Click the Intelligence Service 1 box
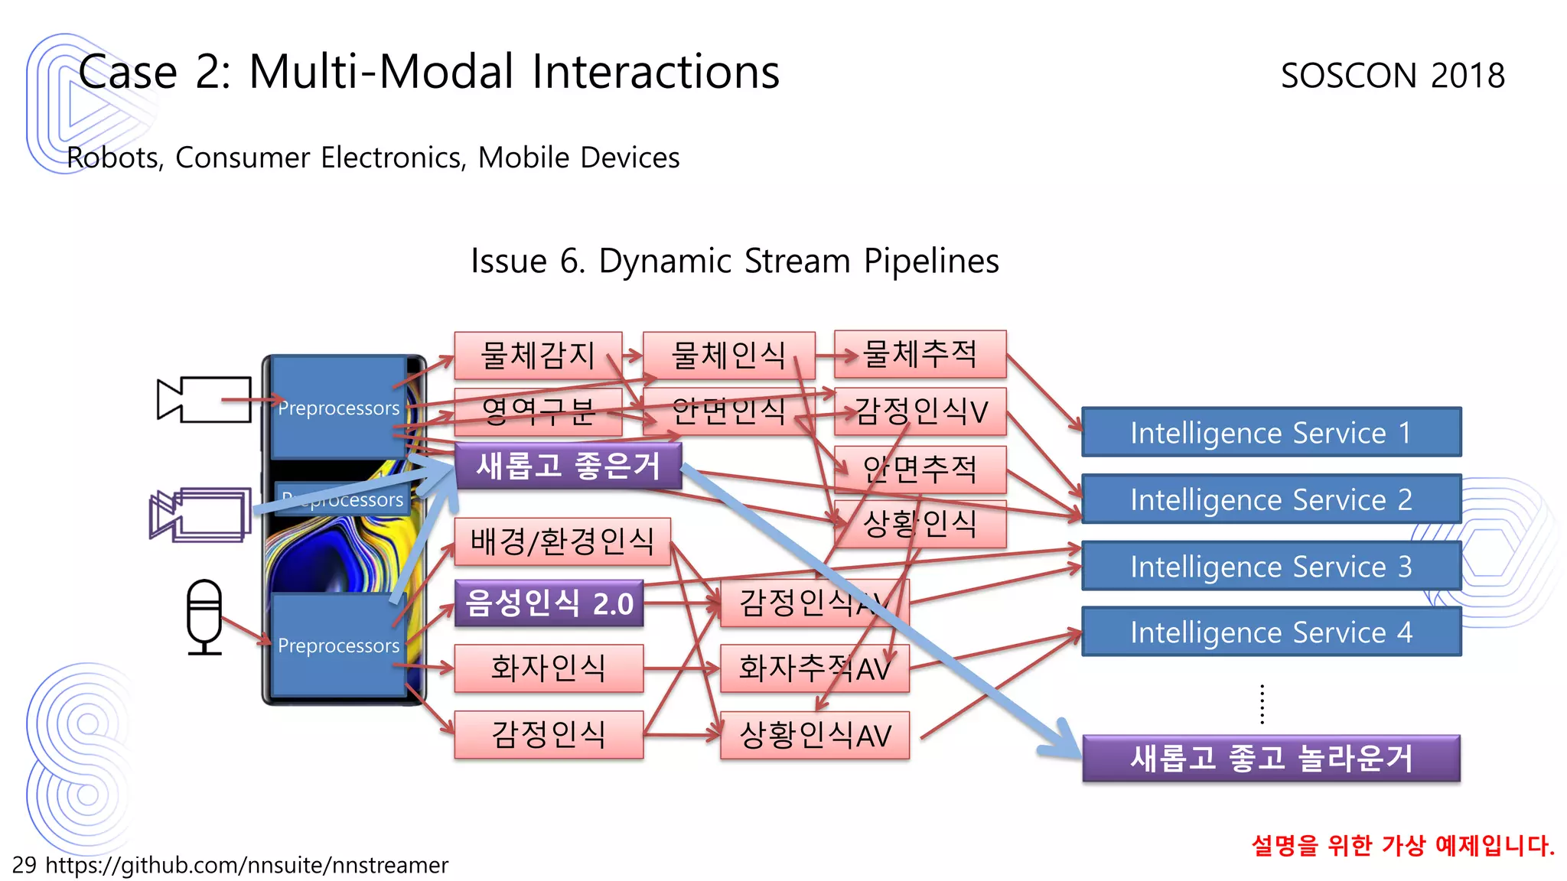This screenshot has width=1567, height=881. (x=1271, y=432)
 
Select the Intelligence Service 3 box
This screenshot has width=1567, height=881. (x=1271, y=566)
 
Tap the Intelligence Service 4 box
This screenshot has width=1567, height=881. (x=1271, y=632)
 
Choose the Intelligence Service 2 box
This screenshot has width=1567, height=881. (x=1271, y=499)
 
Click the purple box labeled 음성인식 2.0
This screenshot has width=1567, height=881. (x=549, y=603)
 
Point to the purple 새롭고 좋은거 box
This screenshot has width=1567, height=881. (x=568, y=466)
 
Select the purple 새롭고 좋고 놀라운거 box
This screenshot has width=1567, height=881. (x=1271, y=758)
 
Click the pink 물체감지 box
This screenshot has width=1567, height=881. (x=537, y=355)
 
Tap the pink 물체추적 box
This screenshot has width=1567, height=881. (x=920, y=354)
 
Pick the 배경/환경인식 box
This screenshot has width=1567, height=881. (x=562, y=541)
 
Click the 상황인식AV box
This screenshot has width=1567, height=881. (x=815, y=735)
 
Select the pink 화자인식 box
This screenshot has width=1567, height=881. (x=548, y=668)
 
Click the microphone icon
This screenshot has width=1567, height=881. (x=204, y=616)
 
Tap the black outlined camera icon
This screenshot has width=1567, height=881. (x=204, y=399)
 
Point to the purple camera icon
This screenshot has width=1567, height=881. (x=200, y=515)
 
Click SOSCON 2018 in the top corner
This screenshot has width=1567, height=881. (x=1393, y=76)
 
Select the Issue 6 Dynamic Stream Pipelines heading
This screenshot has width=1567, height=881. (x=735, y=261)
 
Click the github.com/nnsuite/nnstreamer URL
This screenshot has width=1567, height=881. (x=246, y=865)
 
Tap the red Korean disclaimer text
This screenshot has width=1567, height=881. (x=1402, y=845)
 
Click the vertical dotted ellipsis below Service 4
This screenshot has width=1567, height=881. (x=1262, y=704)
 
